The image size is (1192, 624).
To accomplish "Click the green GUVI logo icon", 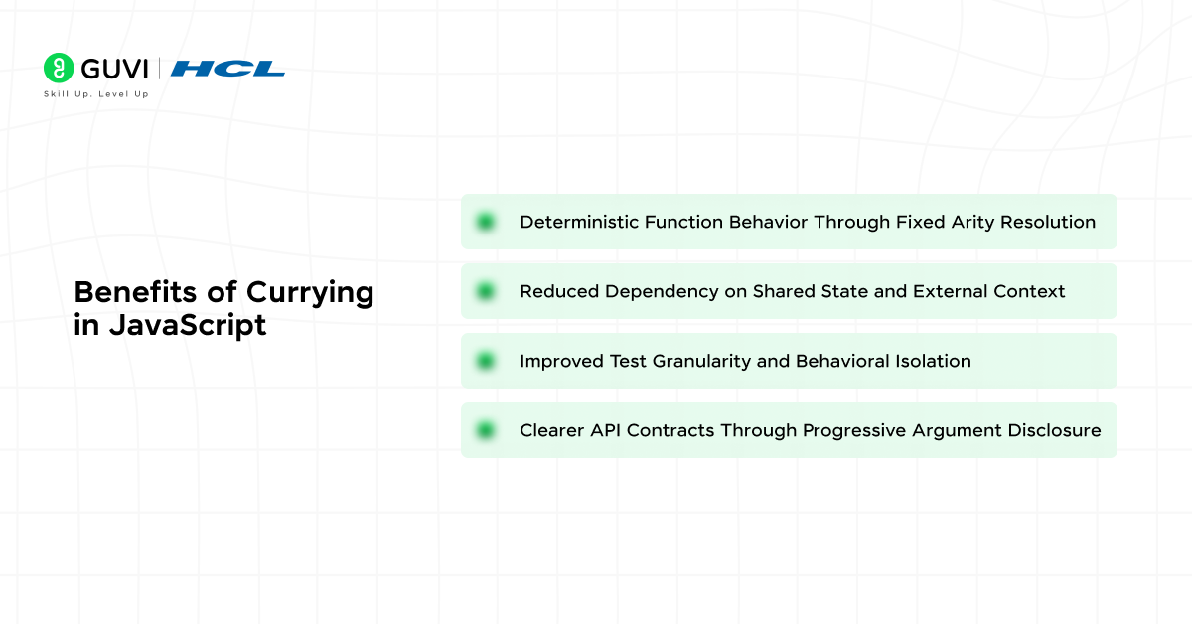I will pyautogui.click(x=59, y=68).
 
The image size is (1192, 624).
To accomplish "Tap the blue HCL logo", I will pyautogui.click(x=227, y=69).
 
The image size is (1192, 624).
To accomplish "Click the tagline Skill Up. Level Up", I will pyautogui.click(x=95, y=94).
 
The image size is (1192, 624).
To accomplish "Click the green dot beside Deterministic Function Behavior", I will pyautogui.click(x=486, y=222).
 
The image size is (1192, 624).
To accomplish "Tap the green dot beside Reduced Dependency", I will pyautogui.click(x=486, y=291).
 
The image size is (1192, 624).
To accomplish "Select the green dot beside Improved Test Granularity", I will pyautogui.click(x=486, y=361).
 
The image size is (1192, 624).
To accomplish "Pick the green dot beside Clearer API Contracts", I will pyautogui.click(x=486, y=430).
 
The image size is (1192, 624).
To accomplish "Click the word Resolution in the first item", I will pyautogui.click(x=1048, y=222).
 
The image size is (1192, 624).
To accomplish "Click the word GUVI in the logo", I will pyautogui.click(x=113, y=68).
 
